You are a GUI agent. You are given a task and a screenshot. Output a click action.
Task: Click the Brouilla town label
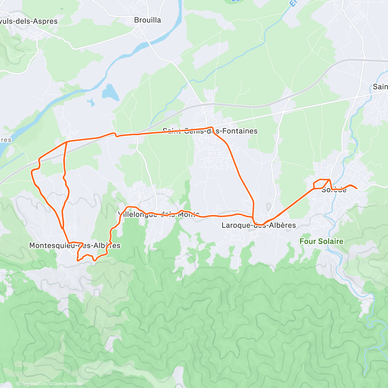(x=147, y=20)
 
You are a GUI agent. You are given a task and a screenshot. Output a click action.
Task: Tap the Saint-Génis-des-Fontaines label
(x=210, y=131)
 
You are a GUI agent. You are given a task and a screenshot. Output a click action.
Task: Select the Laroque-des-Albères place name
(x=259, y=225)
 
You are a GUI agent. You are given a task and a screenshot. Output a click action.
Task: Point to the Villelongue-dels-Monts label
(x=158, y=214)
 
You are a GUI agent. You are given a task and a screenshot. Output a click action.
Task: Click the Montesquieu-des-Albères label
(x=75, y=245)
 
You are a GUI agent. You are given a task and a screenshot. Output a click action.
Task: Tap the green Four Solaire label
(x=321, y=241)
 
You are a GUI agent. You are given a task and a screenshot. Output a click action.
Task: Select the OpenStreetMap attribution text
(x=68, y=384)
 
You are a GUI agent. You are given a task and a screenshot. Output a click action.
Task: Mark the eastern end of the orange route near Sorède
(x=357, y=188)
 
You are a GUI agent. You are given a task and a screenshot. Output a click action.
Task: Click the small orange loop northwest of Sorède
(x=321, y=183)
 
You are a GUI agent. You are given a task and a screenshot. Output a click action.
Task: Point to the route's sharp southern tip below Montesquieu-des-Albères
(x=78, y=260)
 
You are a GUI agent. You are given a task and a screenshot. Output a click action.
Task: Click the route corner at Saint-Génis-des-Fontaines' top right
(x=212, y=127)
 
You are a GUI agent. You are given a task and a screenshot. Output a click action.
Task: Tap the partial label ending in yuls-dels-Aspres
(x=29, y=21)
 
